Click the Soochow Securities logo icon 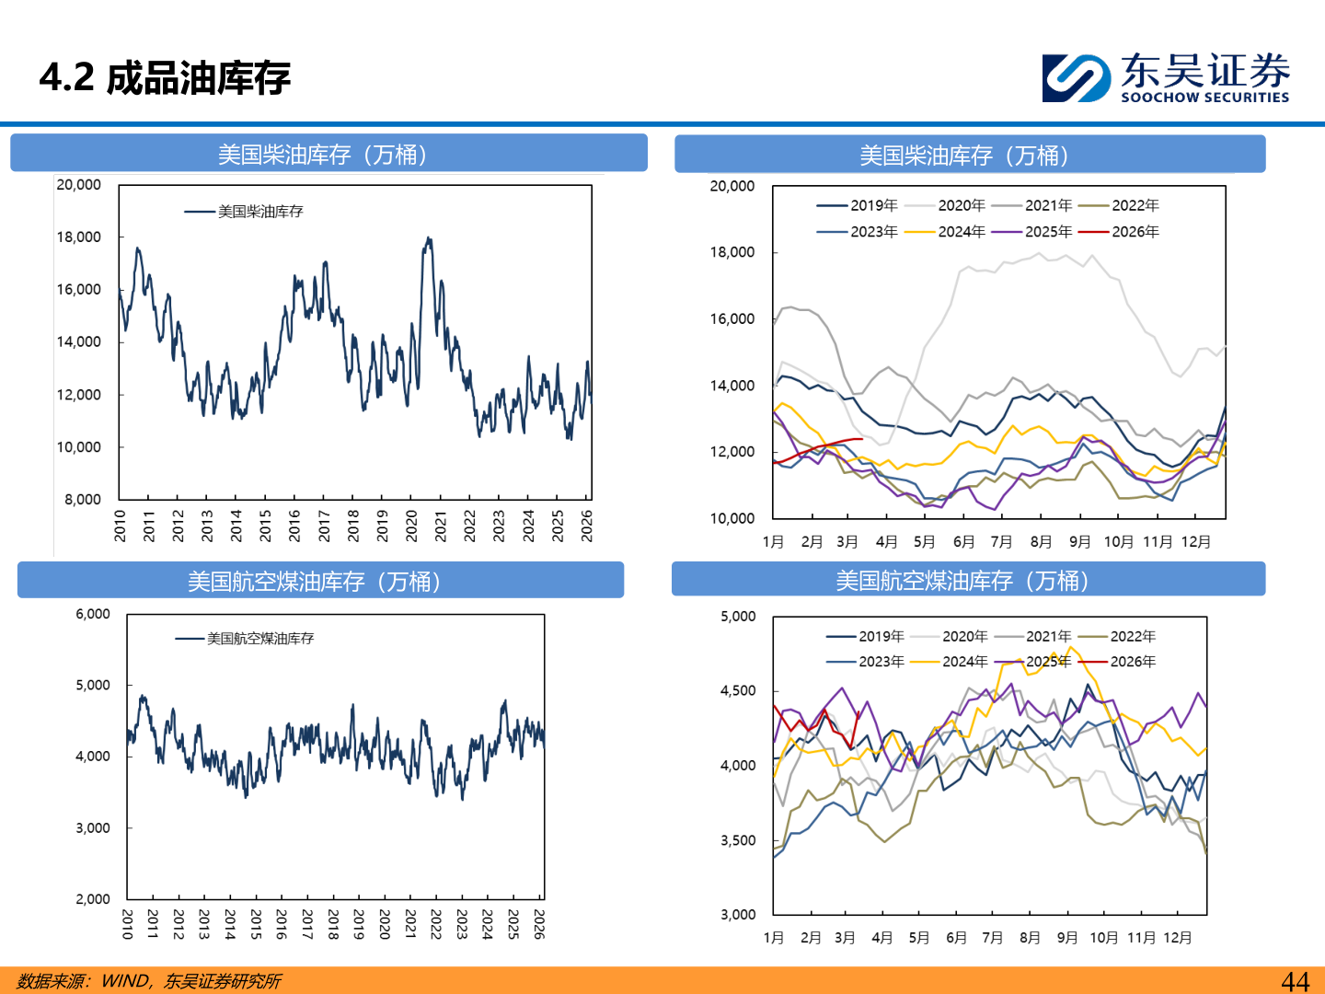point(1075,77)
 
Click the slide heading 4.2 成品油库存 point(165,78)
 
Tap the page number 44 point(1295,981)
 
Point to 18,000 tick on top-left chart point(79,237)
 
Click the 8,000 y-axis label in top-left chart point(83,500)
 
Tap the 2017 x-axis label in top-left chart point(324,526)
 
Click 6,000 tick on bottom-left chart point(93,614)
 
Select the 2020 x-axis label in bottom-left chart point(385,924)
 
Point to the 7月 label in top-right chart point(1001,542)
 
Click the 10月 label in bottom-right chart point(1104,938)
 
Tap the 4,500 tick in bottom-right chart point(738,690)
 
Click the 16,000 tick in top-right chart point(732,319)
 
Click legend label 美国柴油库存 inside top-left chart point(260,212)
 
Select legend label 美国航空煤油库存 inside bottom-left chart point(260,639)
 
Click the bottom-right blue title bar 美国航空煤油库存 point(967,581)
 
